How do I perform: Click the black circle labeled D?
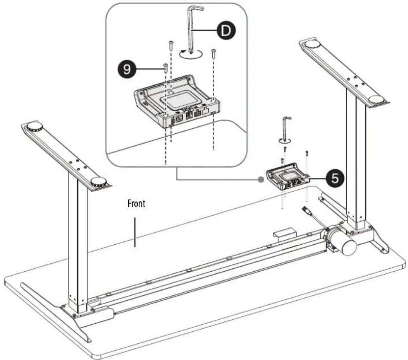(226, 31)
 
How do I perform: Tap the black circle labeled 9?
(127, 69)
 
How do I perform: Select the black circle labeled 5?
(335, 179)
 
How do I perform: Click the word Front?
(136, 204)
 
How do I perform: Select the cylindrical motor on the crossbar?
(341, 239)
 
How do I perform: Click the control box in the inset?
(177, 102)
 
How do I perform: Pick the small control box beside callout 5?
(287, 177)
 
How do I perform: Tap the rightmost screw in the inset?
(213, 54)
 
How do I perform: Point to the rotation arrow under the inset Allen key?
(191, 55)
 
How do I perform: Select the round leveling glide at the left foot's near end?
(99, 181)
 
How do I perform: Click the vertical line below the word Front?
(135, 232)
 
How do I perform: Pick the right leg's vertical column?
(357, 159)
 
